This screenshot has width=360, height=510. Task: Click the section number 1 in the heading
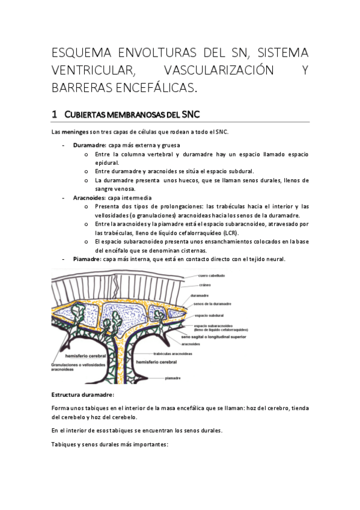pos(55,114)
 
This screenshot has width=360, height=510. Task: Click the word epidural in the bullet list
pos(107,162)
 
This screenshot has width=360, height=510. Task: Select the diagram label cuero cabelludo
pos(212,275)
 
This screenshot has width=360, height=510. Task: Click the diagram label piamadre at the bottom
pos(173,378)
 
